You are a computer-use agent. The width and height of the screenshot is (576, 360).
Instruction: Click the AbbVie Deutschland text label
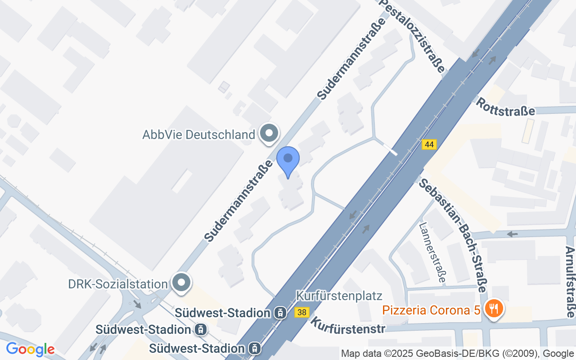198,135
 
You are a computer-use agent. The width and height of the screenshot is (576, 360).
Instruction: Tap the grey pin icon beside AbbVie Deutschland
270,133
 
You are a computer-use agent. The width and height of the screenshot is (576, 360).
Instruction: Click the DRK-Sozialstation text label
118,284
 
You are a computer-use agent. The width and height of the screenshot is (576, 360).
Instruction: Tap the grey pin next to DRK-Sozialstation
182,283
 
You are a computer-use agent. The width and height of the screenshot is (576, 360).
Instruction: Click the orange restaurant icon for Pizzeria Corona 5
494,309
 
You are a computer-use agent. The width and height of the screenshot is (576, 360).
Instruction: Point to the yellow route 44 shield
429,144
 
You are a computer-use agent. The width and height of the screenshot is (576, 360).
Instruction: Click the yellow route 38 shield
301,312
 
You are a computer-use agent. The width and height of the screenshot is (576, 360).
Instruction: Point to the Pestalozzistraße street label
411,36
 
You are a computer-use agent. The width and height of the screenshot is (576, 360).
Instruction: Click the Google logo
30,349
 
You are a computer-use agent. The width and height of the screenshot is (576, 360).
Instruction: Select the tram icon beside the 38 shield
280,312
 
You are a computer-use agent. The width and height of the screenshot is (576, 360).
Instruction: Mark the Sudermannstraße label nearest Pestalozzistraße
351,59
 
